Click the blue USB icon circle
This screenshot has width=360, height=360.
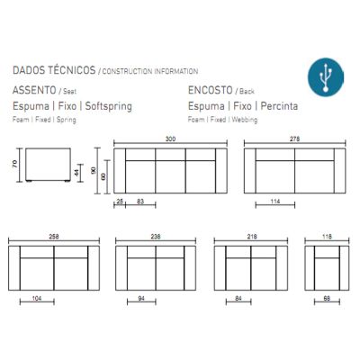tap(326, 77)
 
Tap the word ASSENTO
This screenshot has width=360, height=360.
tap(34, 90)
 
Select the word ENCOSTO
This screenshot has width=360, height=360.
tap(211, 90)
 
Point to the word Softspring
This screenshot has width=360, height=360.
tap(109, 106)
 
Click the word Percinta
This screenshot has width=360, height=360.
tap(279, 106)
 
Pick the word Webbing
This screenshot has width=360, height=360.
tap(245, 120)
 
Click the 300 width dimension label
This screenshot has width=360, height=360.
tap(170, 139)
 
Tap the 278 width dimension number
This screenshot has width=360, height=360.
tap(294, 139)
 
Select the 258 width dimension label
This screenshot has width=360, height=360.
tap(54, 237)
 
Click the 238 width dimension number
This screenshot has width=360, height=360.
tap(156, 237)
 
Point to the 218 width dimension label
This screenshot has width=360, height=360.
tap(252, 237)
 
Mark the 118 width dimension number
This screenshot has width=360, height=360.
tap(327, 237)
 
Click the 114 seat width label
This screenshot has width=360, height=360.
tap(275, 202)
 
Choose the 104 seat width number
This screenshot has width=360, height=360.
tap(37, 299)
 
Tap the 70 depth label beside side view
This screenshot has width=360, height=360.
tap(15, 164)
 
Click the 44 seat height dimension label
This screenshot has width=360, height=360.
tap(76, 173)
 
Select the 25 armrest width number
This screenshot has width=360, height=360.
tap(120, 202)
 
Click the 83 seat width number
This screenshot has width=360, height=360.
tap(140, 202)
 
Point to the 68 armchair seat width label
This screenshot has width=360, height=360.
tap(327, 299)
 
